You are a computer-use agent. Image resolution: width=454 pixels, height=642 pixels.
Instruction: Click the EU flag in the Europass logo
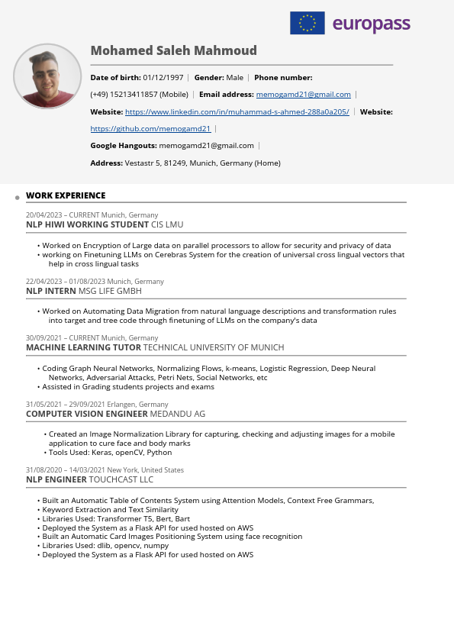[x=307, y=24]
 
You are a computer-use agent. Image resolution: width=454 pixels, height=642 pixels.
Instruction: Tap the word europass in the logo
[x=372, y=24]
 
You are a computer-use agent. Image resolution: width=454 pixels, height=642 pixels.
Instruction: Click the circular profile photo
[x=47, y=76]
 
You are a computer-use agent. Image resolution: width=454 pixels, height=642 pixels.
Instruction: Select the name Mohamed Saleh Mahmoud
[x=173, y=50]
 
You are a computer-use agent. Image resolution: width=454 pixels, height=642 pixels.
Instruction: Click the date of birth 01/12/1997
[x=163, y=78]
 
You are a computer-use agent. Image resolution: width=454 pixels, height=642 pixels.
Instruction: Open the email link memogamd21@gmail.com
[x=304, y=95]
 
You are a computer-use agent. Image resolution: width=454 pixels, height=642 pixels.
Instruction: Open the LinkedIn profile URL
[x=237, y=111]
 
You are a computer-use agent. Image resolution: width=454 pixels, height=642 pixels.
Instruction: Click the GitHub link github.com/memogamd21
[x=150, y=129]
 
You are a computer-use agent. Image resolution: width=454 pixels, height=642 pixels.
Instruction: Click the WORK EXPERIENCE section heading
[x=66, y=195]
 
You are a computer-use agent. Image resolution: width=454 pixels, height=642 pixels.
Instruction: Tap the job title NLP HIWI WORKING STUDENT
[x=87, y=224]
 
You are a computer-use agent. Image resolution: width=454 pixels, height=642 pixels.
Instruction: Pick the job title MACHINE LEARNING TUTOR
[x=83, y=347]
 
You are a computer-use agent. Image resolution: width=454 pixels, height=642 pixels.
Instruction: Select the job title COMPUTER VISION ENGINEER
[x=86, y=414]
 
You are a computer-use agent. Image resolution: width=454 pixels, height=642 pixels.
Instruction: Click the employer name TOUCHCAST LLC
[x=121, y=479]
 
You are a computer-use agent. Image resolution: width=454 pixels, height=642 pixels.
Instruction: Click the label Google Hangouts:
[x=124, y=146]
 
